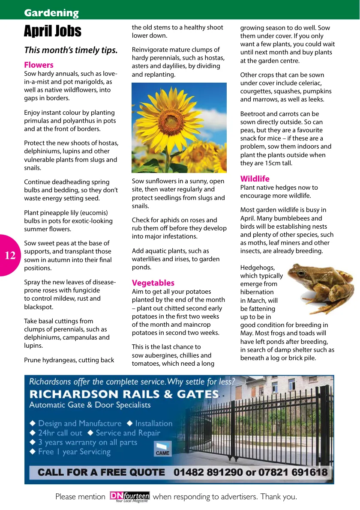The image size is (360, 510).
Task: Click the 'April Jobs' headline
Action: [x=52, y=31]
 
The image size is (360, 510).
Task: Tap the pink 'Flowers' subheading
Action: [x=39, y=65]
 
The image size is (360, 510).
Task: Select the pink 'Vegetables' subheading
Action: [x=153, y=283]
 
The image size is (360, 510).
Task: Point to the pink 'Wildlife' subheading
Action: [x=255, y=179]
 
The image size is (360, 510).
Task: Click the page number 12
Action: [x=10, y=256]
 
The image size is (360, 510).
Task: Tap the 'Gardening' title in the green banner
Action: [x=51, y=13]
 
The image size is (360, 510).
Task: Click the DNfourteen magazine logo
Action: [x=129, y=496]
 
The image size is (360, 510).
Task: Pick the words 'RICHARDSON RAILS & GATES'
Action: [x=124, y=394]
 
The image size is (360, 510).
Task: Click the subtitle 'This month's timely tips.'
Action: [x=71, y=50]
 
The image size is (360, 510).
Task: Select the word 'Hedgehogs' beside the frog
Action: [x=257, y=268]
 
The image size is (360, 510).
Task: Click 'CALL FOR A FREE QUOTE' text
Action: [x=101, y=472]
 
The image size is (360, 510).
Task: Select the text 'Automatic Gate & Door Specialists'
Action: [x=90, y=405]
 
